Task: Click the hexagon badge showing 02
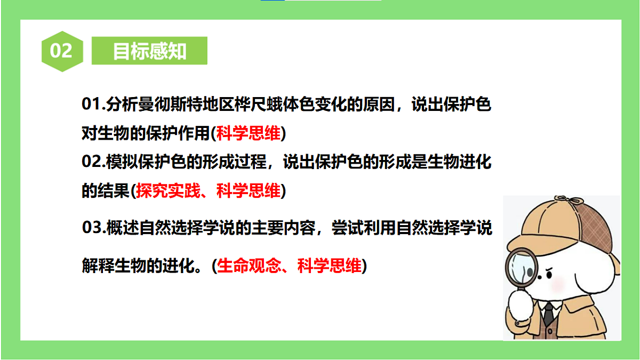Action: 61,51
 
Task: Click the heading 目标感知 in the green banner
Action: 149,51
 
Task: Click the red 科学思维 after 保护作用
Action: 249,133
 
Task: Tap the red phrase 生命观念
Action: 249,266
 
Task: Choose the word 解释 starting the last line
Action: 97,266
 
